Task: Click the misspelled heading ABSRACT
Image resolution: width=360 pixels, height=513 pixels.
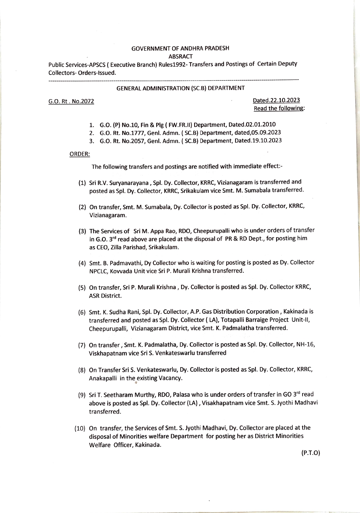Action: (x=180, y=57)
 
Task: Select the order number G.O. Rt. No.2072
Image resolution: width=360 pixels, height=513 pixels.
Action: (x=71, y=101)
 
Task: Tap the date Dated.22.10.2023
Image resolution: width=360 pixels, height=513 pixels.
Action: (x=276, y=100)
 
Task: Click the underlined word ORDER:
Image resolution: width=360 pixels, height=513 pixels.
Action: (x=80, y=154)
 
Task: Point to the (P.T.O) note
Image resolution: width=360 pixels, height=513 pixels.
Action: (x=310, y=453)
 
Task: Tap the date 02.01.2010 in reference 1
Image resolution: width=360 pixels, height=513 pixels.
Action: (x=260, y=125)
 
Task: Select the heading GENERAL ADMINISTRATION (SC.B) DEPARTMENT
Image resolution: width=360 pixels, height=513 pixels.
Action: (x=180, y=88)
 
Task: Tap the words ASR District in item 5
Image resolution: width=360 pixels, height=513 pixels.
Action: (x=105, y=296)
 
